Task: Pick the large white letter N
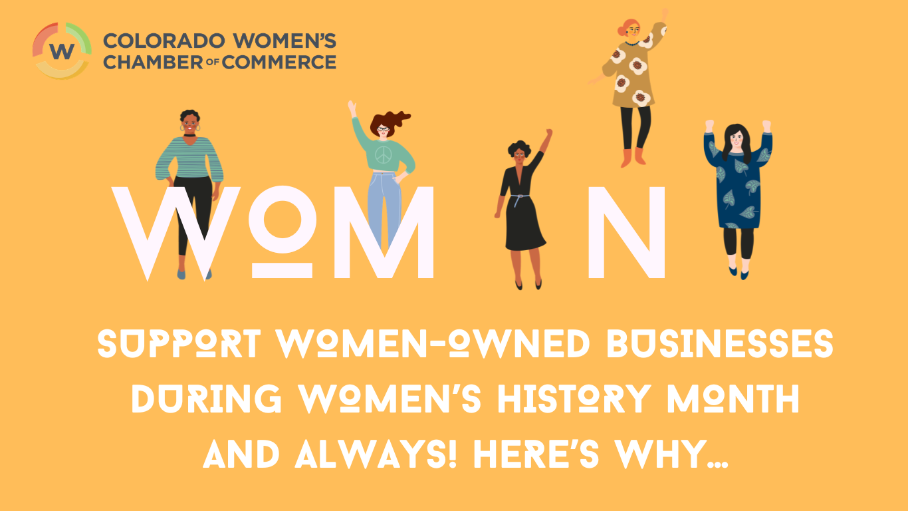click(x=626, y=233)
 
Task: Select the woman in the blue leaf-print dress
click(x=738, y=193)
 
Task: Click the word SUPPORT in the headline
click(x=181, y=345)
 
